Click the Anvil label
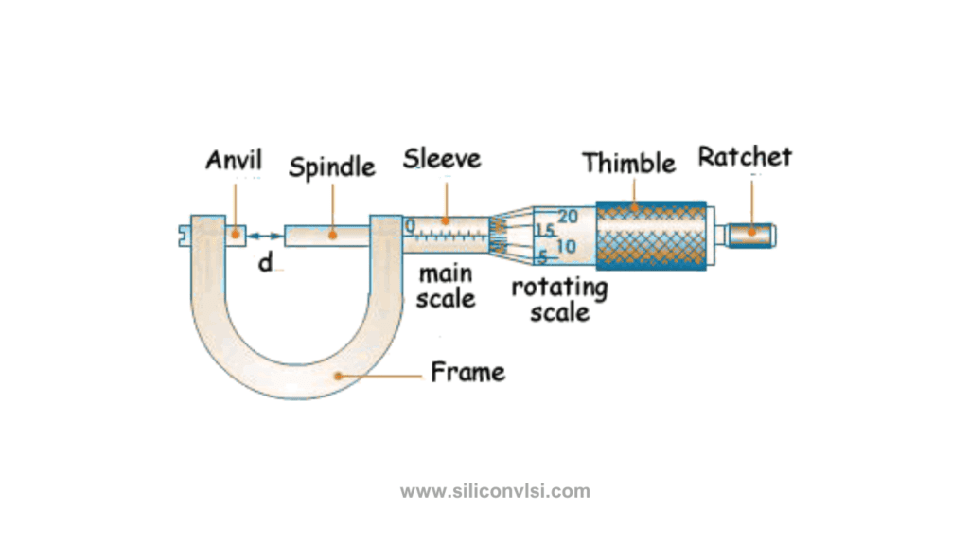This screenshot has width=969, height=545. (x=234, y=160)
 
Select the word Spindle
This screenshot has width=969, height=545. (x=331, y=167)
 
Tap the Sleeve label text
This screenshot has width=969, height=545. (x=442, y=158)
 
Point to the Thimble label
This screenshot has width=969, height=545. (x=629, y=163)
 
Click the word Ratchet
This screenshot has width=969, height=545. (x=745, y=156)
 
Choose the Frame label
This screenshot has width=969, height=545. (x=467, y=372)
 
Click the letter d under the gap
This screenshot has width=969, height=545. (x=266, y=264)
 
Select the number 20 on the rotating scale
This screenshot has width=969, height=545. (x=567, y=217)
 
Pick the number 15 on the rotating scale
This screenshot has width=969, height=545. (x=544, y=231)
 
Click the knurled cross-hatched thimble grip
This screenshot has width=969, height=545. (x=651, y=234)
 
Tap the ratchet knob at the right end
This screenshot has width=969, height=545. (x=752, y=233)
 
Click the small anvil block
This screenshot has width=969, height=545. (x=236, y=233)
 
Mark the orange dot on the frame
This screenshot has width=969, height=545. (x=337, y=376)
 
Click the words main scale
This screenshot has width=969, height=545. (x=446, y=286)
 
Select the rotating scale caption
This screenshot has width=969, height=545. (x=559, y=299)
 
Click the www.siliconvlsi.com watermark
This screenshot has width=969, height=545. (x=495, y=491)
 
